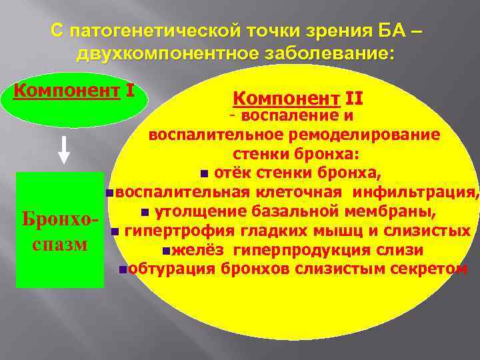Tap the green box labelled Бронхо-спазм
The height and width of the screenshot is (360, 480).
click(60, 230)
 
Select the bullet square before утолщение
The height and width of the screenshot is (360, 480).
click(144, 213)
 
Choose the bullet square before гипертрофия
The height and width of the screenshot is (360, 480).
click(115, 232)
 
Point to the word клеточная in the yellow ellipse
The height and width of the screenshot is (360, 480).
click(309, 193)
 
